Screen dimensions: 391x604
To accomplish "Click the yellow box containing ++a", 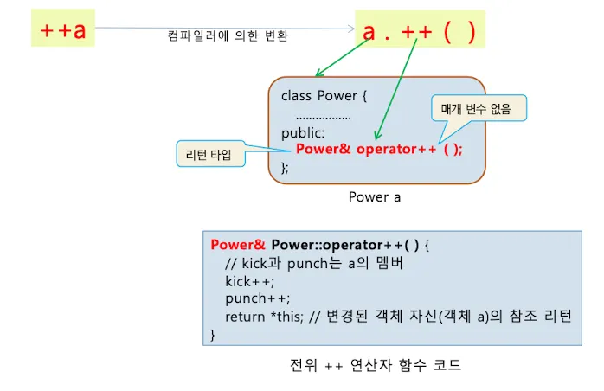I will pos(63,30).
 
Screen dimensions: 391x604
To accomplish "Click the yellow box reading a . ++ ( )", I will pos(419,32).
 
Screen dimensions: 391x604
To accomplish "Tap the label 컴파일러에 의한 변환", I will pos(228,36).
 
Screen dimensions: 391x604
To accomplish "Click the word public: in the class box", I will pos(303,132).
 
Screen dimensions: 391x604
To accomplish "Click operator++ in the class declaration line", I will pos(394,149).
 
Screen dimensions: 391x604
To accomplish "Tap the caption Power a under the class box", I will pos(375,196).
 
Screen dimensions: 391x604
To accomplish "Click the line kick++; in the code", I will pos(249,281).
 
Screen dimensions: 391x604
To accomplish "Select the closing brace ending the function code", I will pos(213,334).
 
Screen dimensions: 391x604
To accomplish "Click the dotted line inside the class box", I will pos(323,115).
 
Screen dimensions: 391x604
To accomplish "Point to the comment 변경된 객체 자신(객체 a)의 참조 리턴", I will pos(466,316).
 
